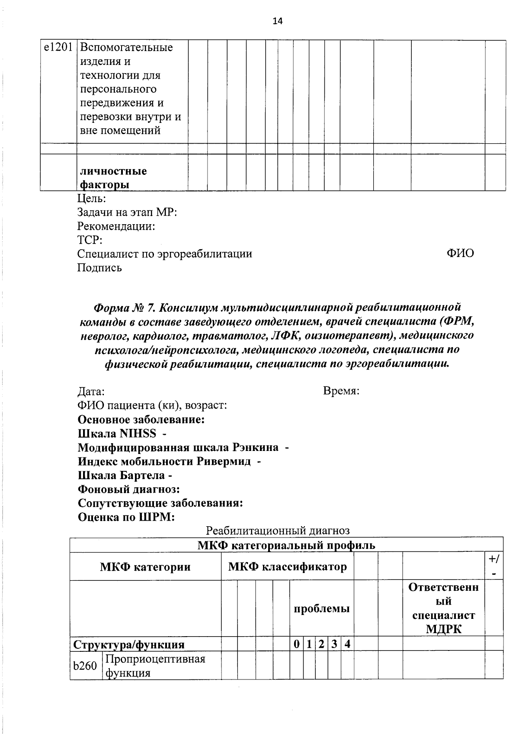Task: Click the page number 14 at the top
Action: coord(277,21)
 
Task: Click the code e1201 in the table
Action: coord(58,47)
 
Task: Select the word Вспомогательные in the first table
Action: coord(126,47)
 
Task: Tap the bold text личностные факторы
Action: coord(113,178)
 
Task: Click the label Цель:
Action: coord(91,199)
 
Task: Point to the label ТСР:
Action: coord(90,240)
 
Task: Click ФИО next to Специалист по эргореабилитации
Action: coord(460,253)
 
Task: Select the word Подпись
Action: coord(99,268)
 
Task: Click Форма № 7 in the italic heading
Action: coord(124,307)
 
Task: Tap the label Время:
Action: coord(341,391)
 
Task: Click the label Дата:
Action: coord(91,392)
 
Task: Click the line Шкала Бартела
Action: coord(125,475)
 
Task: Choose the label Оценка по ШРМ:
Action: coord(126,517)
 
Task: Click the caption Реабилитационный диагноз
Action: coord(278,530)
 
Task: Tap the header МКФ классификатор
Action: coord(287,566)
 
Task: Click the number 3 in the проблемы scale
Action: coord(334,644)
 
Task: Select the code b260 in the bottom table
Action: coord(85,666)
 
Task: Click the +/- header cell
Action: coord(493,566)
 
